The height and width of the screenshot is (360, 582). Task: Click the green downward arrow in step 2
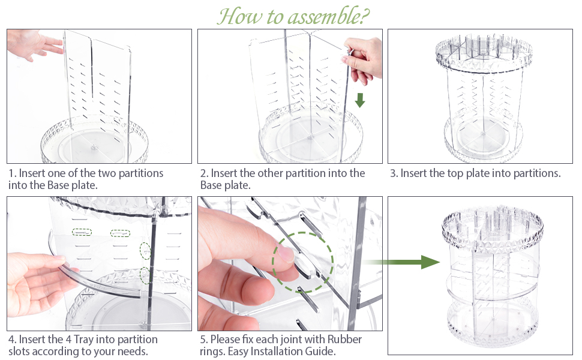click(x=360, y=99)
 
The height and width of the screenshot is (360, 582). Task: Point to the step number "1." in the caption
click(x=13, y=173)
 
